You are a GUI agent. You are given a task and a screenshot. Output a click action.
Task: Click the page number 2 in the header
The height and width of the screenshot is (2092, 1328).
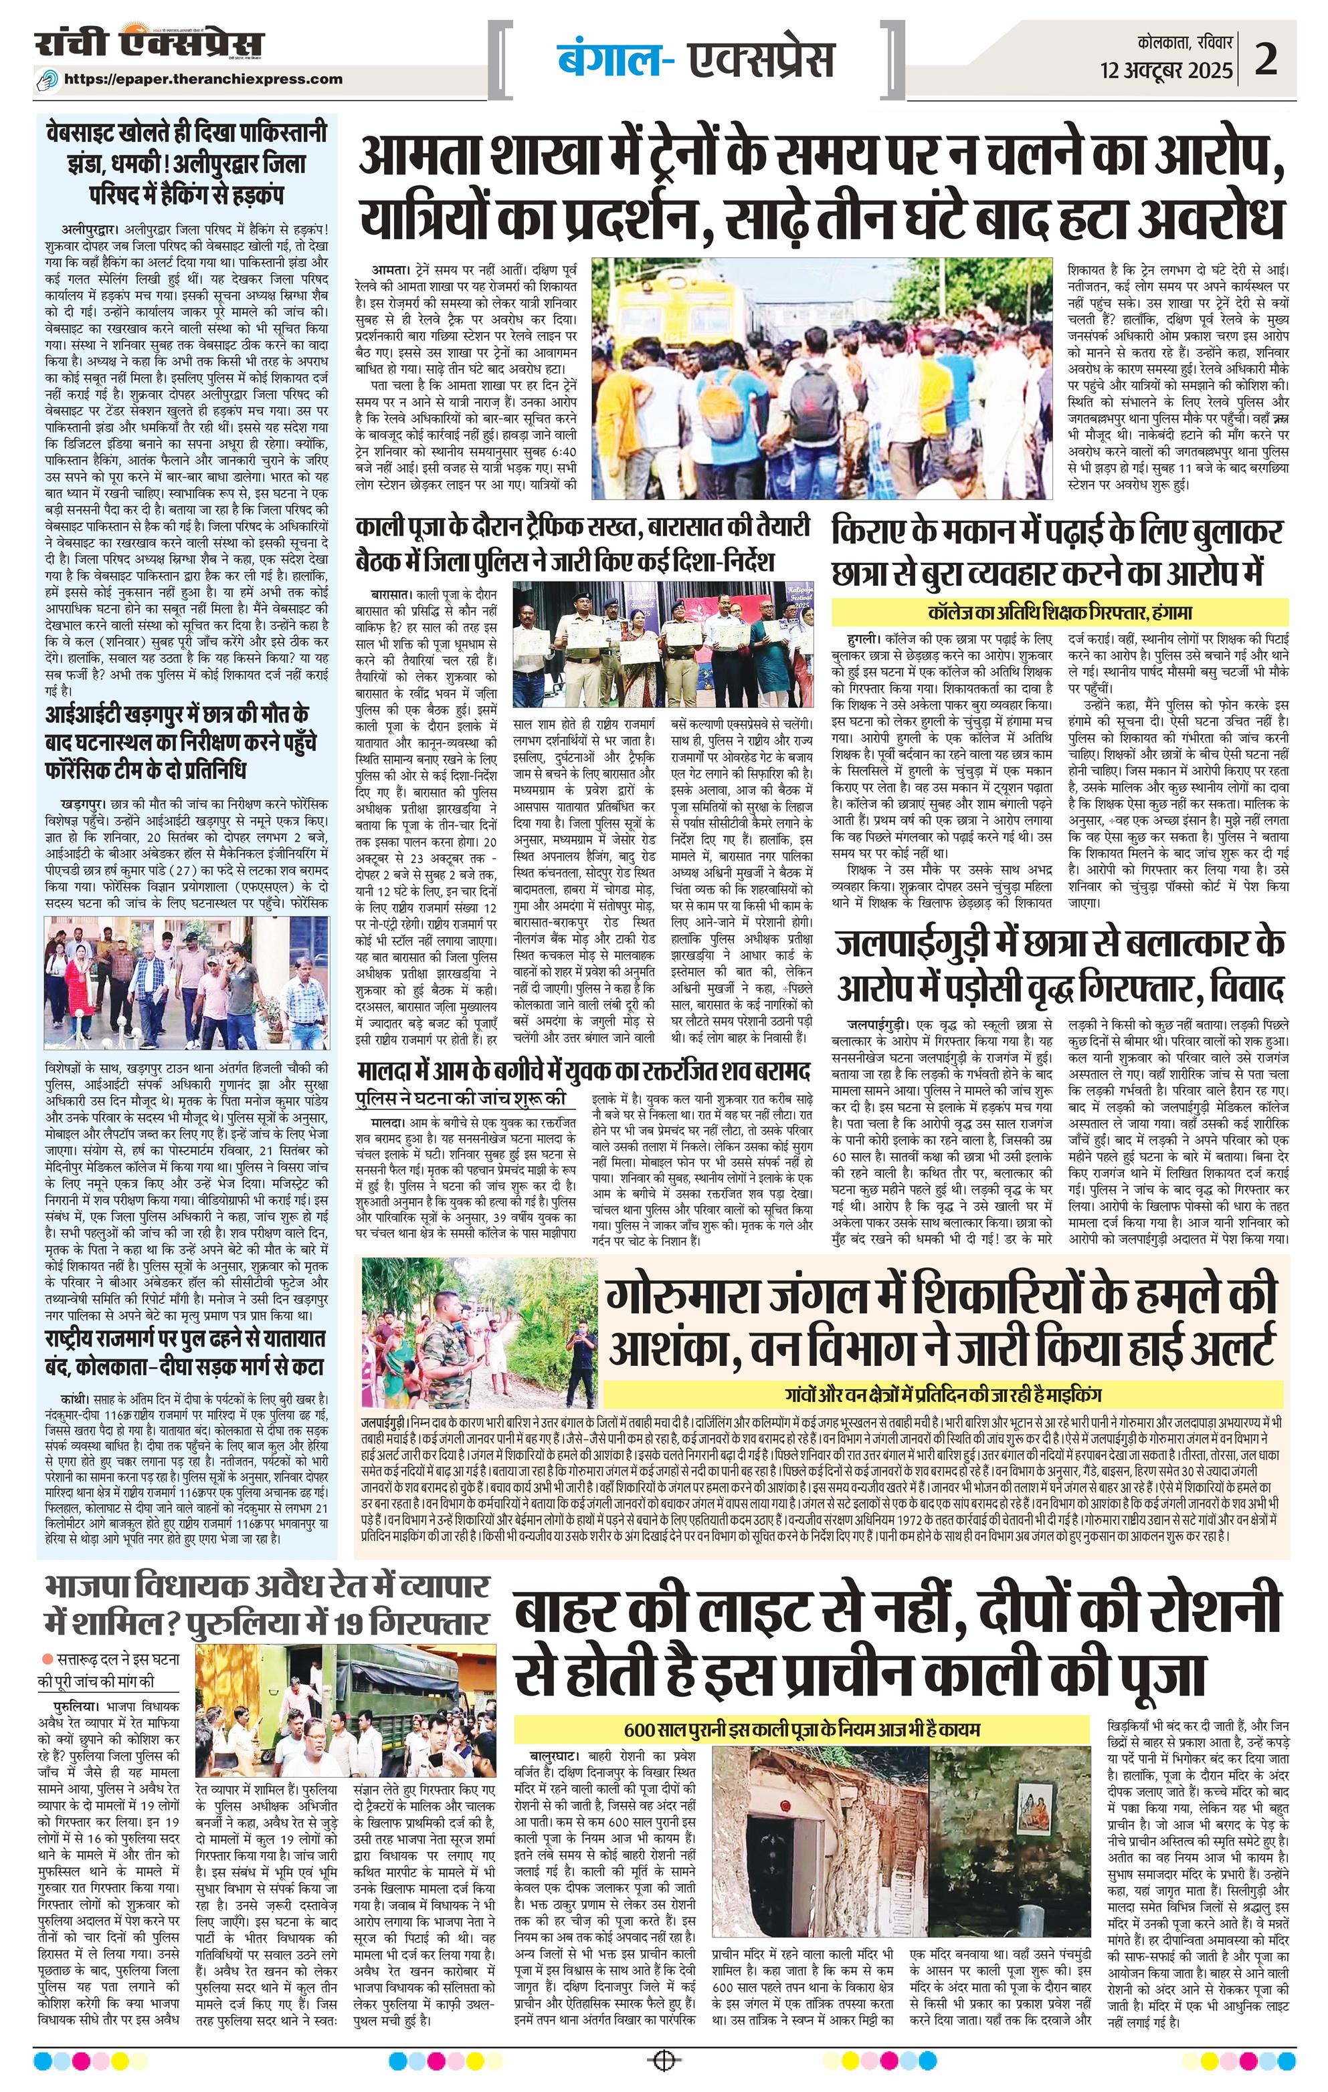1287,59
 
